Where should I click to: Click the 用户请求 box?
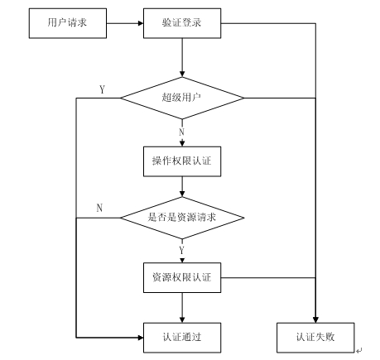pyautogui.click(x=68, y=23)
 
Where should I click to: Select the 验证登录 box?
pyautogui.click(x=182, y=23)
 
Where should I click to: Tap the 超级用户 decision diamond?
pyautogui.click(x=182, y=98)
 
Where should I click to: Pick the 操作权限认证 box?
pyautogui.click(x=182, y=161)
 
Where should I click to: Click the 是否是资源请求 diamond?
pyautogui.click(x=182, y=218)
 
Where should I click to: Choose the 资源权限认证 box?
pyautogui.click(x=182, y=277)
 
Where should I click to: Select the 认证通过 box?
pyautogui.click(x=182, y=338)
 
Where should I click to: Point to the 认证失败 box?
pyautogui.click(x=315, y=338)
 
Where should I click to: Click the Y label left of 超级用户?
pyautogui.click(x=102, y=89)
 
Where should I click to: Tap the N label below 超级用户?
pyautogui.click(x=181, y=132)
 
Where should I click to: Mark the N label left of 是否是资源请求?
pyautogui.click(x=99, y=208)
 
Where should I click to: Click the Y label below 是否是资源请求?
pyautogui.click(x=181, y=250)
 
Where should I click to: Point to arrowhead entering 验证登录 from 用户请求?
pyautogui.click(x=141, y=23)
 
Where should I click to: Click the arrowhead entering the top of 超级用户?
pyautogui.click(x=182, y=74)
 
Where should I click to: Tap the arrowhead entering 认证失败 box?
pyautogui.click(x=315, y=319)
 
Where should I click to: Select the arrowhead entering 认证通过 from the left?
pyautogui.click(x=141, y=338)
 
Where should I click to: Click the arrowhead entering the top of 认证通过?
pyautogui.click(x=182, y=319)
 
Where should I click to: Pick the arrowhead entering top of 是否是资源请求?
pyautogui.click(x=182, y=194)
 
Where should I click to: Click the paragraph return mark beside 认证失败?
pyautogui.click(x=358, y=351)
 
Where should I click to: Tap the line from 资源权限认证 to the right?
pyautogui.click(x=268, y=277)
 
